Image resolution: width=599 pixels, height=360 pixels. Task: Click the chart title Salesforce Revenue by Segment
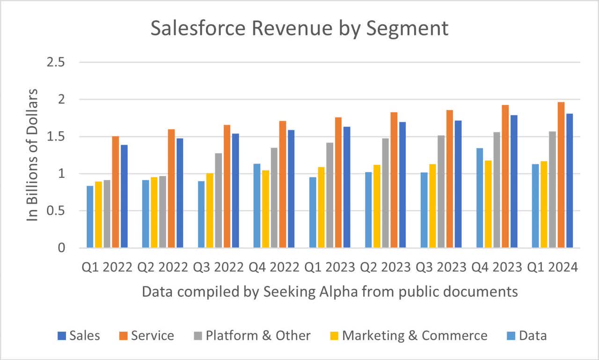(x=299, y=28)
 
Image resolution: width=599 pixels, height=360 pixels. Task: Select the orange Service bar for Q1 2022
(x=115, y=192)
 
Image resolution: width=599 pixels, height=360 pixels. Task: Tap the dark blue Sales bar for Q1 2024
(x=570, y=181)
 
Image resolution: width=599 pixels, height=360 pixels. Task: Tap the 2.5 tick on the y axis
(x=55, y=63)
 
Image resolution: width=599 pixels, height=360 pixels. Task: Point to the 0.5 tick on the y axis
(x=55, y=211)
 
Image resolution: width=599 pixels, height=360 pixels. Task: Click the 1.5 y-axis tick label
(x=55, y=137)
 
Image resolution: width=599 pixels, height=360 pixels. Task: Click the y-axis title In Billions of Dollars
(x=32, y=154)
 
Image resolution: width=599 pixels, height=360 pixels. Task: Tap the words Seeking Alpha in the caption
(x=298, y=292)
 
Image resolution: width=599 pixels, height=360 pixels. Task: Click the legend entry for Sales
(x=79, y=336)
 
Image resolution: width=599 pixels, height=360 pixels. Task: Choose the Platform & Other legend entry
(x=252, y=336)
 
